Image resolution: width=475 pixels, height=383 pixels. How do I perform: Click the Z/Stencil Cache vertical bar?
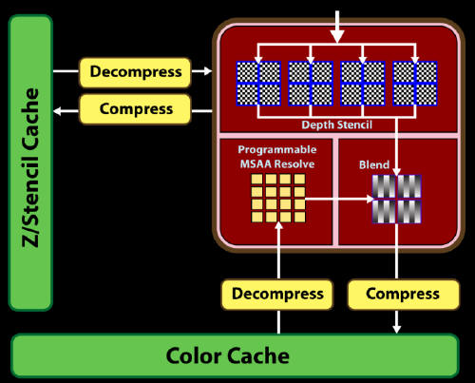[30, 163]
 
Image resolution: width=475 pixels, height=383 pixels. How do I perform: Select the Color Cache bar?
[235, 355]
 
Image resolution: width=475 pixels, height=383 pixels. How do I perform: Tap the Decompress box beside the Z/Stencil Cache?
[136, 72]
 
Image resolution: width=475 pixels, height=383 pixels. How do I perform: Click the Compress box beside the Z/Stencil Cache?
[136, 109]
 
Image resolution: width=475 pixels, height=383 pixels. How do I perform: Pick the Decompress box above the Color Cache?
[277, 294]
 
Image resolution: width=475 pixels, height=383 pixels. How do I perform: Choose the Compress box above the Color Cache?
[404, 294]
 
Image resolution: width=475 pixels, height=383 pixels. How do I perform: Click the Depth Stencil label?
[337, 124]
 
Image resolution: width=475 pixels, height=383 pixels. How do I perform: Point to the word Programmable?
[277, 149]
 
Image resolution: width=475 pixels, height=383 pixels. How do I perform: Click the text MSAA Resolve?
[277, 163]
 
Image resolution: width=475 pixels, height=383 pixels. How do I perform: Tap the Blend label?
[374, 164]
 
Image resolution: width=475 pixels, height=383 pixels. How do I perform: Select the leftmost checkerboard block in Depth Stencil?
[258, 84]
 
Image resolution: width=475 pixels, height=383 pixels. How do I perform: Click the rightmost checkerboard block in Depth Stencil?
[415, 84]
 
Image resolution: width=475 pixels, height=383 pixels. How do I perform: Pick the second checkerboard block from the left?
[311, 84]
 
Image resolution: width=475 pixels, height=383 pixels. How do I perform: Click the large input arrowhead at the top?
[337, 36]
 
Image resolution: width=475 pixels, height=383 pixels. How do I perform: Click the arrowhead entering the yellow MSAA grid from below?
[278, 225]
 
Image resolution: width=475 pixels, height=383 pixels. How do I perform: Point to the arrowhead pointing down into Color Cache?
[397, 329]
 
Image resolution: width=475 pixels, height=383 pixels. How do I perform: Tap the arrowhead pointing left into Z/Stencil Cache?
[58, 111]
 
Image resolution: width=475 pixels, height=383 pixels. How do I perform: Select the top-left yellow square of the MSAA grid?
[256, 179]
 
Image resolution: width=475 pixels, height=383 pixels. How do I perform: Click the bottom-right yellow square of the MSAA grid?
[299, 217]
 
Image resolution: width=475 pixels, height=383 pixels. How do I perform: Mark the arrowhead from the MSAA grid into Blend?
[370, 199]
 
